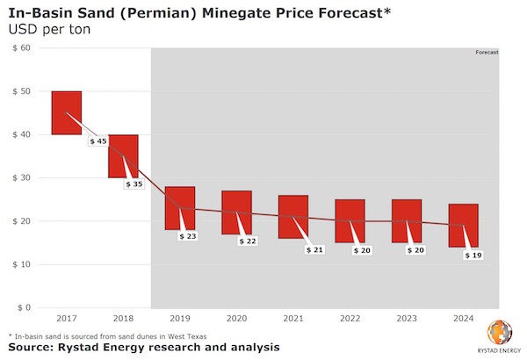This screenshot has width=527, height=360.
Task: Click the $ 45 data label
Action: [x=98, y=141]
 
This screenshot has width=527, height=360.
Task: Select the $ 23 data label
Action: [x=189, y=236]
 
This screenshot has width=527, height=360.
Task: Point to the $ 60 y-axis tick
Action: [x=20, y=48]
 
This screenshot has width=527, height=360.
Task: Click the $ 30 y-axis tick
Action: [x=20, y=178]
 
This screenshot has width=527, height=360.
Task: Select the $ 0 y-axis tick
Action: [x=23, y=307]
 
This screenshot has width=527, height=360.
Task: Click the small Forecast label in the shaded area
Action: [x=487, y=53]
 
